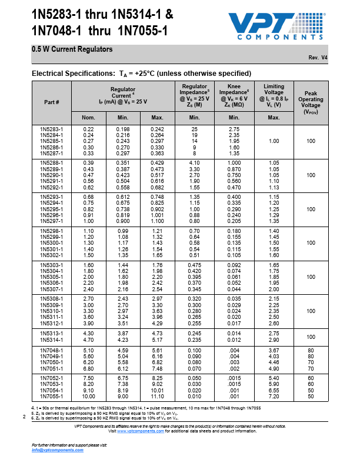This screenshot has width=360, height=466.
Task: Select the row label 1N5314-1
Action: (52, 339)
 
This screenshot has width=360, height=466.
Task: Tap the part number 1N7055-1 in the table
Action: (52, 396)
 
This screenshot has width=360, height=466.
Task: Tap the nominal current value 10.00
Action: (89, 396)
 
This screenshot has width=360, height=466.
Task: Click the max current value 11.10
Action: (157, 396)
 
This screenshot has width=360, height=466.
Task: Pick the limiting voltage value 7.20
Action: (274, 396)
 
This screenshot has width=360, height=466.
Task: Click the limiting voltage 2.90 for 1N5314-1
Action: (274, 339)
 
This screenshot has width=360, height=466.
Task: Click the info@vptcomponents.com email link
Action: (58, 450)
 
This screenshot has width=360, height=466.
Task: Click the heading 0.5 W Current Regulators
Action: (72, 49)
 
